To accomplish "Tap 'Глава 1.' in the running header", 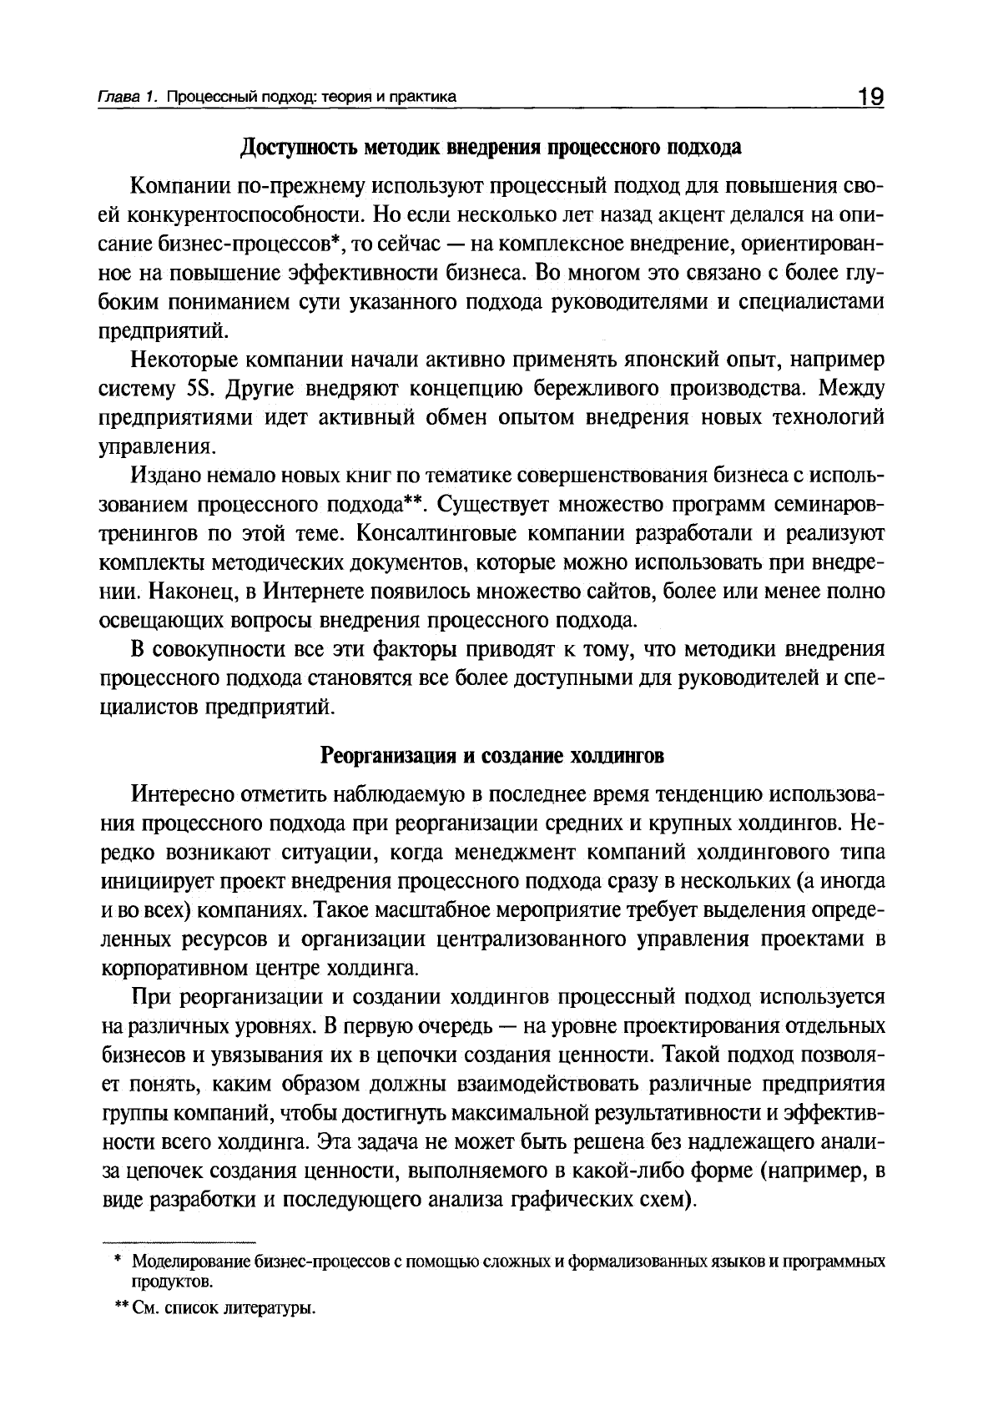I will click(x=128, y=98).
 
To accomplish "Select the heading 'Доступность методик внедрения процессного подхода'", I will click(x=491, y=148).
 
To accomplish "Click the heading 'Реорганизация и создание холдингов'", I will click(x=492, y=756).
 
